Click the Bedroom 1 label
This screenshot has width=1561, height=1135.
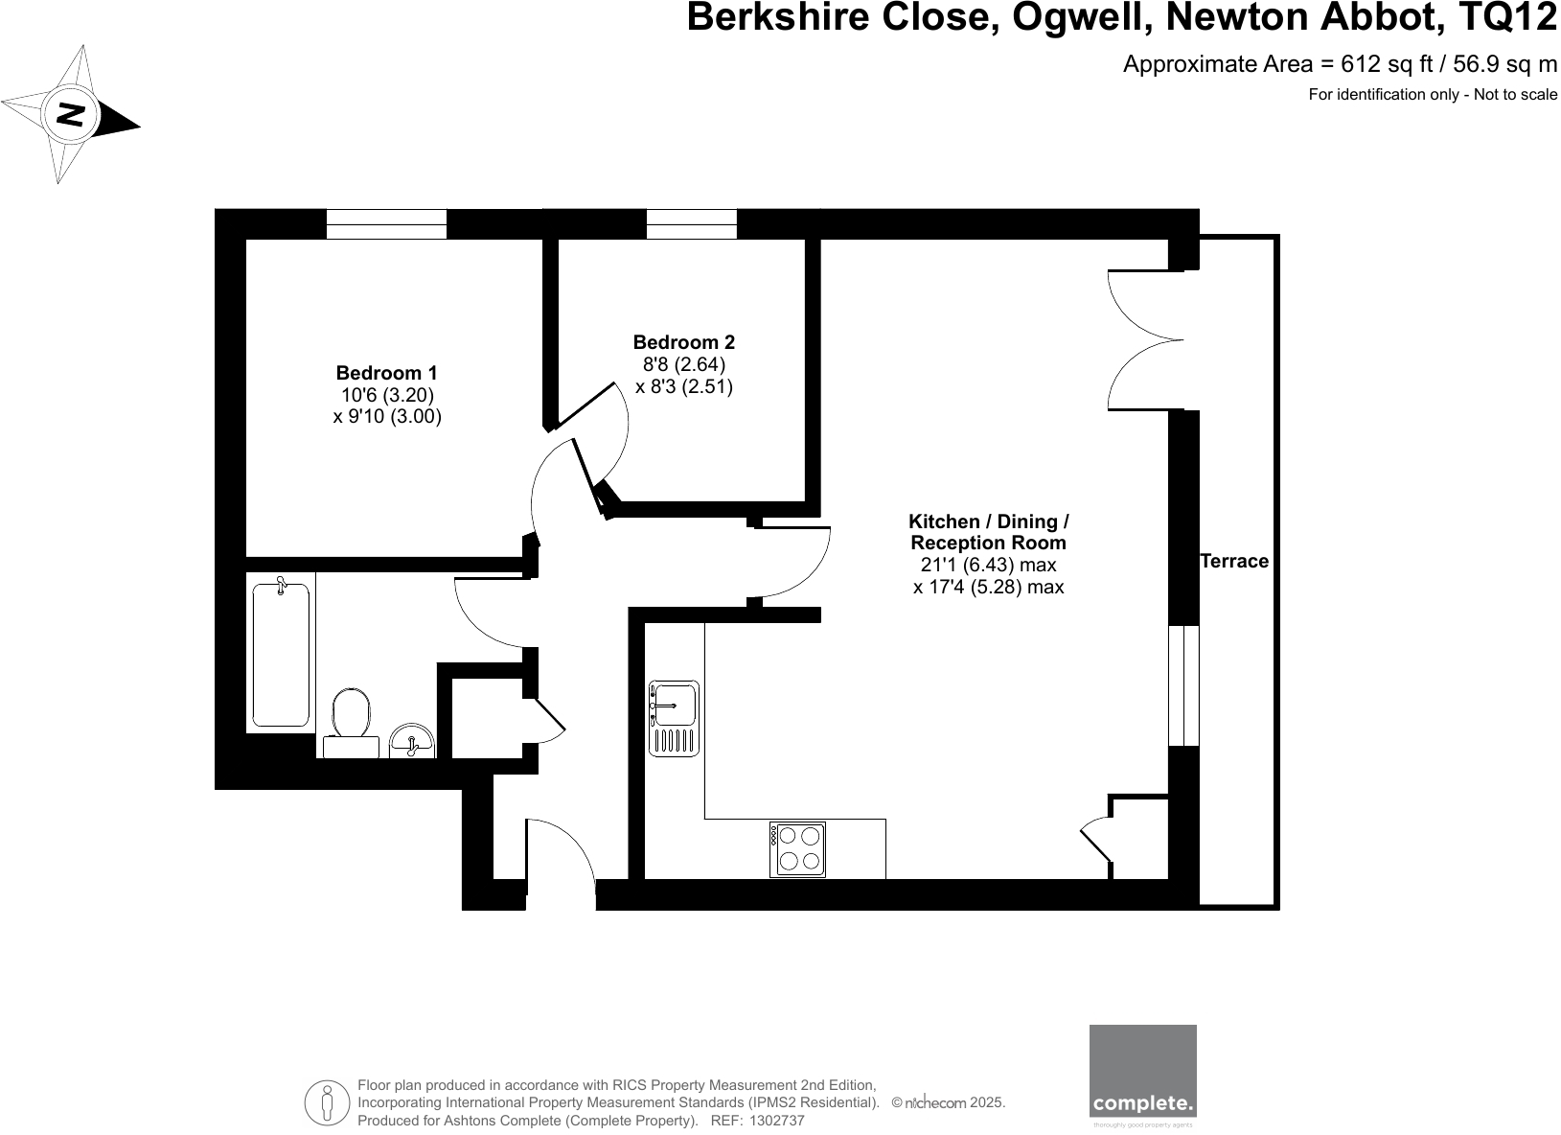tap(387, 373)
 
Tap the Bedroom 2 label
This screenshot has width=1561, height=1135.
tap(683, 342)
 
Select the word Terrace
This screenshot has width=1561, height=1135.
tap(1233, 562)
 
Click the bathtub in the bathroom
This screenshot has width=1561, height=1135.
tap(281, 654)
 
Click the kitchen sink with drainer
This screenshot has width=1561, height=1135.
tap(674, 716)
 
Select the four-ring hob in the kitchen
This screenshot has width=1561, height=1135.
tap(797, 849)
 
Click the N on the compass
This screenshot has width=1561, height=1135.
tap(72, 116)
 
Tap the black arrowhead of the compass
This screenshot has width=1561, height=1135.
tap(120, 121)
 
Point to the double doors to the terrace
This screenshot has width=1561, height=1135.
tap(1145, 340)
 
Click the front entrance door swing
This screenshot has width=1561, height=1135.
tap(561, 848)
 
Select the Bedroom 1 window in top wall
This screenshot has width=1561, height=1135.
tap(386, 224)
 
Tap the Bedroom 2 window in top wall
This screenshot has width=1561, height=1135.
tap(691, 224)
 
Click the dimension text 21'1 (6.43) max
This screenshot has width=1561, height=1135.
tap(988, 566)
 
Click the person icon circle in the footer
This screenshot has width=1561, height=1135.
tap(327, 1102)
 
